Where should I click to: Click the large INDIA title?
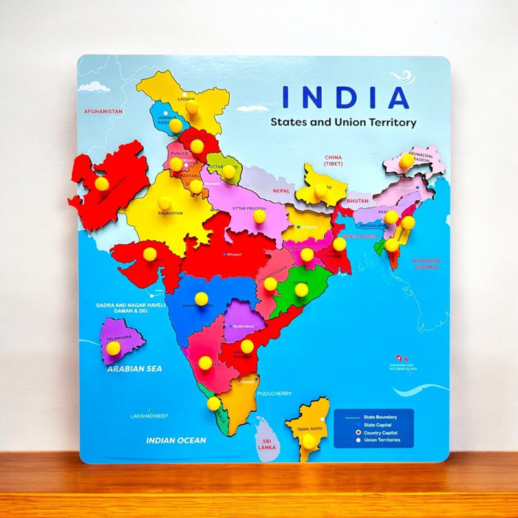tap(346, 96)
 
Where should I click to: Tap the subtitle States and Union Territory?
tap(343, 122)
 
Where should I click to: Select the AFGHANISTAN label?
tap(103, 111)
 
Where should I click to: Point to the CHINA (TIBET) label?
tap(333, 161)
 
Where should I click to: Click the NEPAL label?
tap(281, 191)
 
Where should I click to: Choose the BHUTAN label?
tap(357, 201)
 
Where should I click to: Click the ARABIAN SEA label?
tap(135, 368)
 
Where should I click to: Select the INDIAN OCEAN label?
tap(176, 440)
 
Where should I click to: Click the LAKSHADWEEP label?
tap(150, 416)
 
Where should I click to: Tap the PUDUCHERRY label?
tap(275, 394)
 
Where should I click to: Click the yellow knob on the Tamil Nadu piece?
tap(309, 440)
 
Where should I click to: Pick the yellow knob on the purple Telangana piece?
tap(113, 348)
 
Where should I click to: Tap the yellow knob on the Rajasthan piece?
tap(164, 203)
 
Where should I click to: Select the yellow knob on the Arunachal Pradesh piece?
tap(406, 160)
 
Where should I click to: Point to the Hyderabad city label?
tap(243, 326)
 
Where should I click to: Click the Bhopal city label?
tap(234, 254)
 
